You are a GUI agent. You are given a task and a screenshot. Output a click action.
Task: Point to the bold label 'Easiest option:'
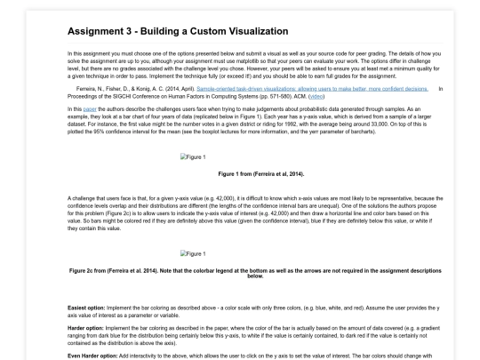(85, 307)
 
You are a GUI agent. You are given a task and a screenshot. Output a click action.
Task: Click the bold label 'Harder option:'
(84, 324)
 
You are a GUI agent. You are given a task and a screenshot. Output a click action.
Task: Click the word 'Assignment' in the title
(96, 31)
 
